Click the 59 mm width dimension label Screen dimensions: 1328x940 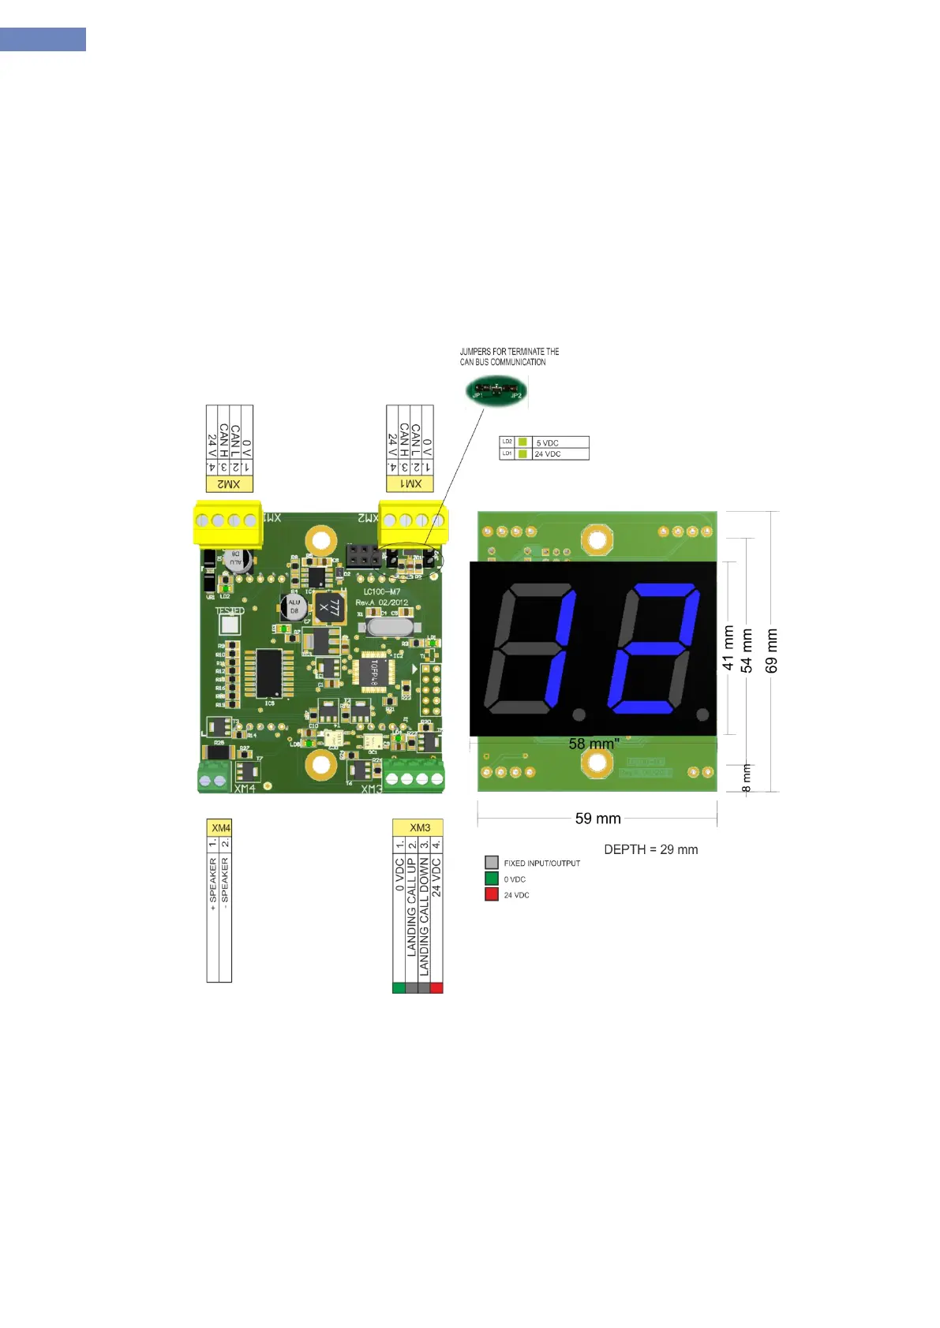tap(597, 819)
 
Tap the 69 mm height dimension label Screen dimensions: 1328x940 tap(772, 651)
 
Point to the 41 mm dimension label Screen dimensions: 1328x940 tap(728, 647)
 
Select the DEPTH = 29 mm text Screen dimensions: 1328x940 tap(650, 849)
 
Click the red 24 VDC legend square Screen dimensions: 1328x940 tap(492, 894)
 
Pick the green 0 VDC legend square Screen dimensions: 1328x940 tap(492, 878)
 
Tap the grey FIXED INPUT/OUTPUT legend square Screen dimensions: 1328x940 tap(492, 863)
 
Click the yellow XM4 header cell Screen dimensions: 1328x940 tap(220, 828)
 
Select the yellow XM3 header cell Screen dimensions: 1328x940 tap(419, 827)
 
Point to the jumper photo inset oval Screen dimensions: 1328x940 tap(496, 390)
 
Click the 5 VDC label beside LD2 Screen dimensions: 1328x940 tap(547, 443)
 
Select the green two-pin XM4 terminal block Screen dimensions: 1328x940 tap(213, 777)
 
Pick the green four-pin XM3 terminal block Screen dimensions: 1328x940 tap(414, 776)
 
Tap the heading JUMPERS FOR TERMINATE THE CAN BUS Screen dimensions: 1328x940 tap(509, 356)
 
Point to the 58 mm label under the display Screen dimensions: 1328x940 tap(594, 744)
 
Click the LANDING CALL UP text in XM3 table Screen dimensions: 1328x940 tap(411, 907)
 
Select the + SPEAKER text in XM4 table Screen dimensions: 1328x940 tap(213, 885)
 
